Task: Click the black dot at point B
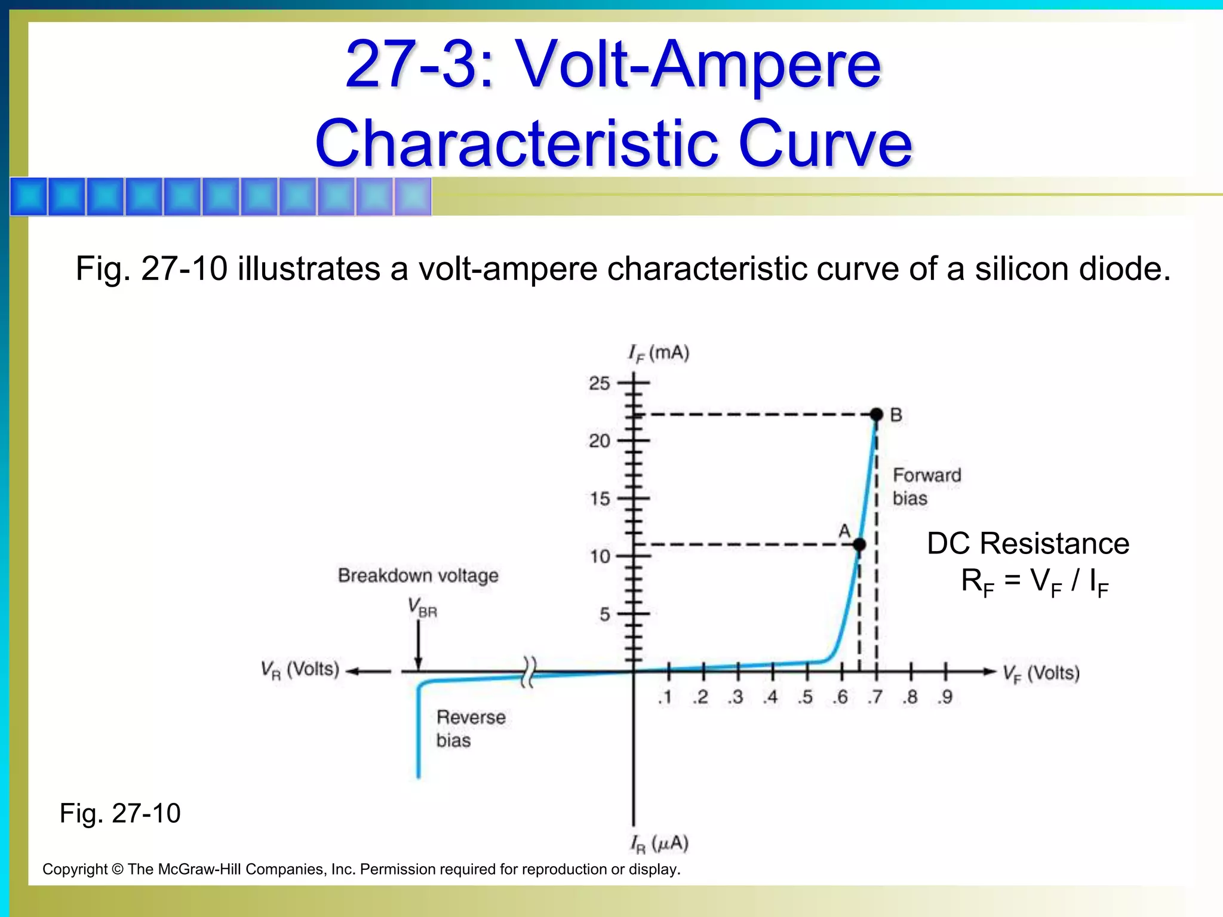coord(876,414)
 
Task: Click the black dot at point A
coord(859,544)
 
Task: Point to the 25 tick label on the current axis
coord(600,383)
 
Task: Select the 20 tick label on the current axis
coord(600,441)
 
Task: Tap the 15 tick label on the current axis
coord(600,499)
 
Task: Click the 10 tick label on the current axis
coord(600,557)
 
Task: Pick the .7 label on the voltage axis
coord(875,697)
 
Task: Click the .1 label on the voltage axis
coord(665,697)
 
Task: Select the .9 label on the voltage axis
coord(944,697)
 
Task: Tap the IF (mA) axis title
coord(659,353)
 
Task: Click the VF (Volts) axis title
coord(1041,674)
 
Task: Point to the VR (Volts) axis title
coord(300,670)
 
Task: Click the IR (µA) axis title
coord(659,844)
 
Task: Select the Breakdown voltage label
coord(418,576)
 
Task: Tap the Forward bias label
coord(926,487)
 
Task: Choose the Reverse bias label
coord(471,728)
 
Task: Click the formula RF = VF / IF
coord(1034,581)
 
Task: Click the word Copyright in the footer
coord(75,869)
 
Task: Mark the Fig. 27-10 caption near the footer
coord(120,813)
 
